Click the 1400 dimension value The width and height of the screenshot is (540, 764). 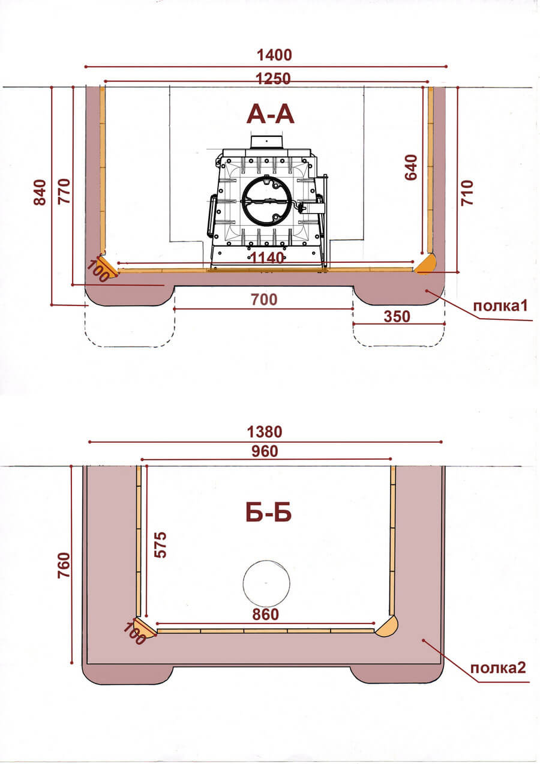tap(274, 55)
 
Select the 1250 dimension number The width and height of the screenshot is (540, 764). tap(273, 79)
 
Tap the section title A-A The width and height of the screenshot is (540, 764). tap(271, 115)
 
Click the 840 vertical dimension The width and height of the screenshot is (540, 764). tap(40, 193)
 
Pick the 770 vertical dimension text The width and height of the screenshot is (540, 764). tap(64, 191)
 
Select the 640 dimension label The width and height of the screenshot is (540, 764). tap(411, 167)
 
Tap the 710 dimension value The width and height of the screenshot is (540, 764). tap(467, 193)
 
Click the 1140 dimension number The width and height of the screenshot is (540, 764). tap(267, 258)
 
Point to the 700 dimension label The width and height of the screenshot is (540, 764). tap(265, 299)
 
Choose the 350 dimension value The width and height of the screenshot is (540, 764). tap(397, 317)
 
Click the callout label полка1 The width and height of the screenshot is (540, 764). tap(500, 306)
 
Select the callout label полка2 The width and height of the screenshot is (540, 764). tap(498, 668)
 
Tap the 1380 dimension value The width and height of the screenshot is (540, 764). tap(265, 432)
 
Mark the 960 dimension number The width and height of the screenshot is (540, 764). tap(265, 451)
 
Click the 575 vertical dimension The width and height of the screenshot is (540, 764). tap(160, 545)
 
